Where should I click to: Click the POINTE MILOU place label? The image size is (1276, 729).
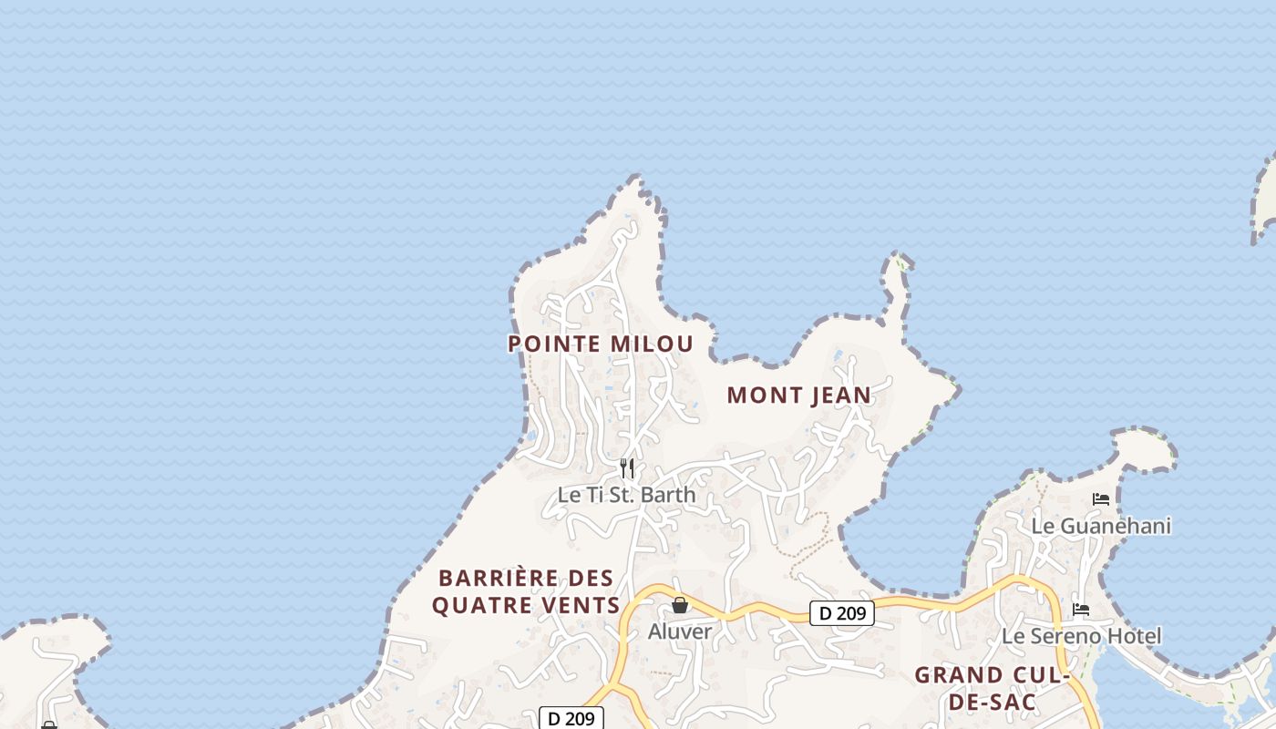pos(601,344)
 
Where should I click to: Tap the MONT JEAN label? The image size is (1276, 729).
pos(799,395)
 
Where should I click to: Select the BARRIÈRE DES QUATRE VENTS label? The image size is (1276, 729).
pos(526,591)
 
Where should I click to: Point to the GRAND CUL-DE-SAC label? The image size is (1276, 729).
pos(992,688)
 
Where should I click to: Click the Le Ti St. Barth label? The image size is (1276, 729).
pos(626,495)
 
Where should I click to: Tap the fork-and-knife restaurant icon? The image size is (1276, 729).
pos(627,468)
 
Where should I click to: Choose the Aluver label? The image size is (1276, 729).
pos(680,631)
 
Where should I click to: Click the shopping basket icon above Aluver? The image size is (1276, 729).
pos(680,605)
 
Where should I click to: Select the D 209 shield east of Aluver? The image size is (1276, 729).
pos(842,613)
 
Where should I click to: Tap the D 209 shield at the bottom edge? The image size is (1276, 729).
pos(571,718)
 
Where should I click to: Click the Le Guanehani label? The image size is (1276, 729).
pos(1101,526)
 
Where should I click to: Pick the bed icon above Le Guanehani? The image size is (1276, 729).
pos(1101,499)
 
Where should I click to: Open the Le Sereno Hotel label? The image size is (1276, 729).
pos(1081,636)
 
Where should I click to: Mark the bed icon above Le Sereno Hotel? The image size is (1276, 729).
pos(1081,610)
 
